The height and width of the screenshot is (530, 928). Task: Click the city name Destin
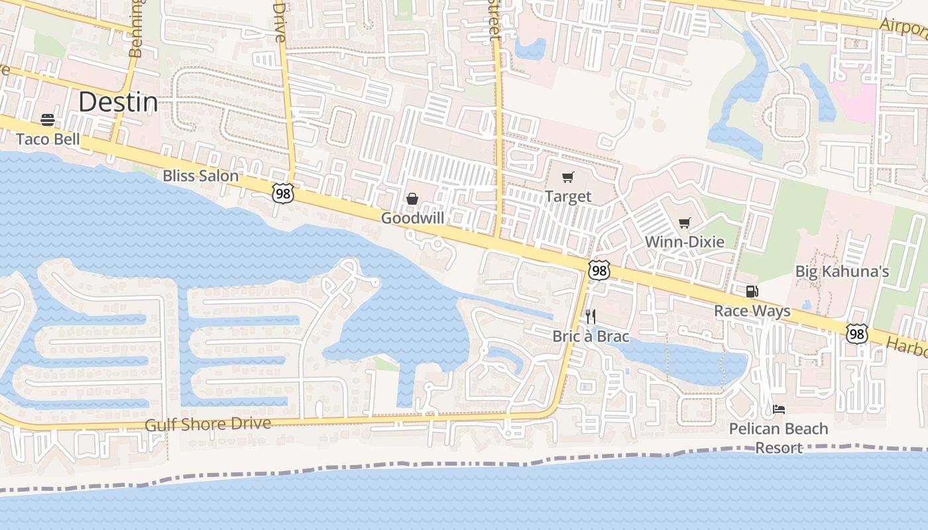pos(118,103)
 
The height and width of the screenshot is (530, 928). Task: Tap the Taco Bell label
pos(48,139)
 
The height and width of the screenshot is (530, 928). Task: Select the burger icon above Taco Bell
pos(48,120)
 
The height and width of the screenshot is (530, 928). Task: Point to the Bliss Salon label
pos(200,176)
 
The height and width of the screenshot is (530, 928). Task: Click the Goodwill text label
pos(412,218)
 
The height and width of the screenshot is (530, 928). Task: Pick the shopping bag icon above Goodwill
pos(412,199)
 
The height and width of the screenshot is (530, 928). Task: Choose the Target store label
pos(568,196)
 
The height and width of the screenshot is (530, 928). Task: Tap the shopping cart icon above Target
pos(567,177)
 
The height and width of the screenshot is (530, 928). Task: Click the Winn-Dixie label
pos(685,242)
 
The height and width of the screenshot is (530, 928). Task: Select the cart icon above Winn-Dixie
pos(685,223)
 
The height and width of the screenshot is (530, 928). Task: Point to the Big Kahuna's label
pos(842,272)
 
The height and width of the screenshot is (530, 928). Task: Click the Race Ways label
pos(752,311)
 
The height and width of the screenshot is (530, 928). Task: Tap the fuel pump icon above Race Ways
pos(752,291)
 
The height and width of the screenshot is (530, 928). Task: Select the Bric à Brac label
pos(591,336)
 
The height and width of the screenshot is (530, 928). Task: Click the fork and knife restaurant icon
pos(591,317)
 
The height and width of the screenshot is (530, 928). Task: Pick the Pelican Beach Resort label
pos(779,438)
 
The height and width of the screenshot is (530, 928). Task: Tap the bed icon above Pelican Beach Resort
pos(779,409)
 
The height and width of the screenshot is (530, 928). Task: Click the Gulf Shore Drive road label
pos(207,424)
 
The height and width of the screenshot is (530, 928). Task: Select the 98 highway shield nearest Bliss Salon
pos(282,193)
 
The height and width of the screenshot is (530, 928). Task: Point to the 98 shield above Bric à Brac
pos(599,270)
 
